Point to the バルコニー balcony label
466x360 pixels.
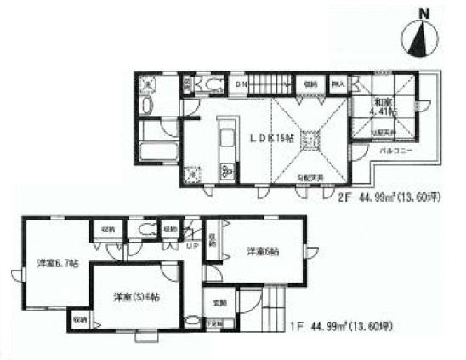coord(396,150)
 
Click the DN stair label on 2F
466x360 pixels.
coord(241,84)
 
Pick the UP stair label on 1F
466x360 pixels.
coord(193,246)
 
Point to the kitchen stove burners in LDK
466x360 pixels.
coord(228,169)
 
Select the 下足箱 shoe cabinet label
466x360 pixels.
coord(218,323)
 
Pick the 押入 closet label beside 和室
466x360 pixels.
coord(338,84)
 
